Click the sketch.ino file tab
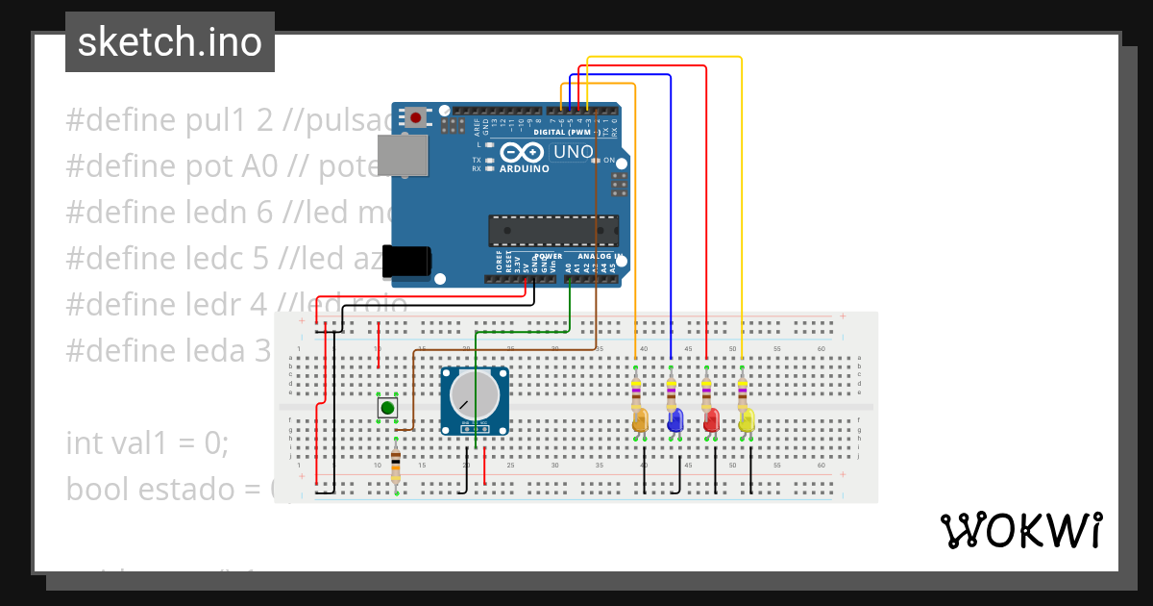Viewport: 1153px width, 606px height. [x=170, y=42]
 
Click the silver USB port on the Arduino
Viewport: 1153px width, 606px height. [x=403, y=156]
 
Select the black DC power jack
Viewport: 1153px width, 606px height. [x=407, y=262]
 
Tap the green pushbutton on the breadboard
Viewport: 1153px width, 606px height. [x=387, y=408]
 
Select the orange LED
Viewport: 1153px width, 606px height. [x=641, y=420]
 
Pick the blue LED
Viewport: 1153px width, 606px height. [x=675, y=420]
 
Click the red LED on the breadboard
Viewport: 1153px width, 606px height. [x=711, y=420]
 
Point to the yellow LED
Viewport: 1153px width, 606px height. [x=747, y=420]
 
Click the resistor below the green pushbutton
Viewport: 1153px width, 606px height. [x=396, y=467]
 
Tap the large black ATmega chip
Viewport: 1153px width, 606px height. [x=552, y=231]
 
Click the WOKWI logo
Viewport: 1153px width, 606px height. [x=1020, y=530]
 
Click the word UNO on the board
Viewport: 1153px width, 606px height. [x=573, y=152]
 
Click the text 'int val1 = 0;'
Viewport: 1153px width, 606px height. [x=147, y=443]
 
